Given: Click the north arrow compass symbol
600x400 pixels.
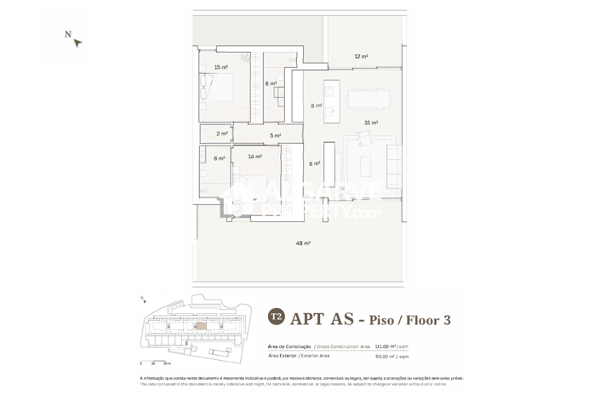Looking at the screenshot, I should [x=77, y=42].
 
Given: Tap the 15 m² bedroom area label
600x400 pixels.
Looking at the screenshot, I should [x=220, y=67].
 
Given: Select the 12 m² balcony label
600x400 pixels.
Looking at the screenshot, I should [x=361, y=57].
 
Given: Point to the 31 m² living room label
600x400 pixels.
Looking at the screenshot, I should [x=370, y=123].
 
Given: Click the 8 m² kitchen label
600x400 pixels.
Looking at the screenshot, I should [x=317, y=106].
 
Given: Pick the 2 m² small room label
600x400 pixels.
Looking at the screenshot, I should [x=222, y=134].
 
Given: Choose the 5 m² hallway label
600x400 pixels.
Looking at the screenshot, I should [x=275, y=135].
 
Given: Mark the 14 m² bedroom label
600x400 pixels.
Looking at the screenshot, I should [x=254, y=157].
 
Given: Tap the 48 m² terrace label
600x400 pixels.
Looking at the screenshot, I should [x=302, y=243].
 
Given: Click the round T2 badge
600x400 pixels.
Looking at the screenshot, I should [x=276, y=317].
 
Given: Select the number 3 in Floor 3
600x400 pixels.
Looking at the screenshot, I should [x=445, y=320].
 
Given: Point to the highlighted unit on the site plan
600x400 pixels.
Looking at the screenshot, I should [x=201, y=325].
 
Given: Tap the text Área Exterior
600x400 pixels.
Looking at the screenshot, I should [x=282, y=356].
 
